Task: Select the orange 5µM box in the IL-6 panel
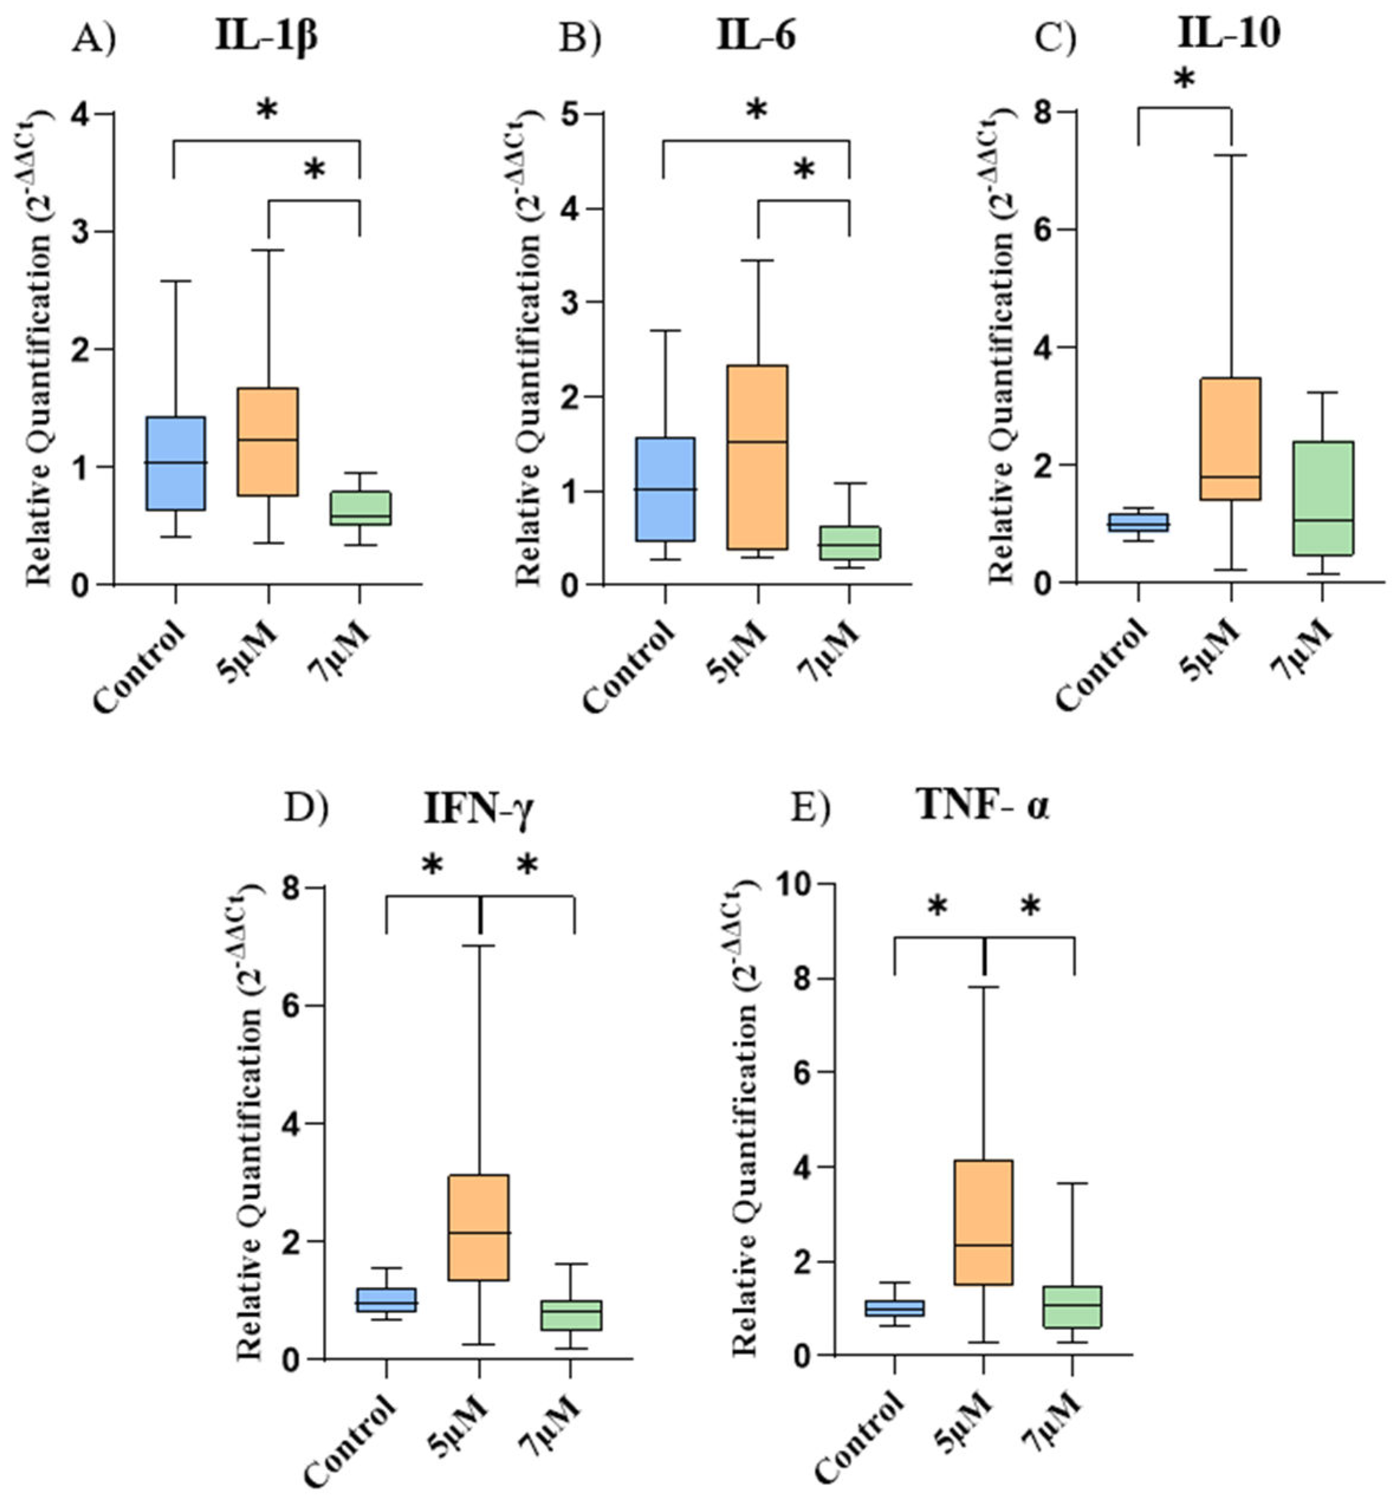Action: pos(758,457)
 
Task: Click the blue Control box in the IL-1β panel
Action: pos(176,463)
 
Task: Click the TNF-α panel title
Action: pos(983,806)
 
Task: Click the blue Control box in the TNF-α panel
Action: pos(895,1307)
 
